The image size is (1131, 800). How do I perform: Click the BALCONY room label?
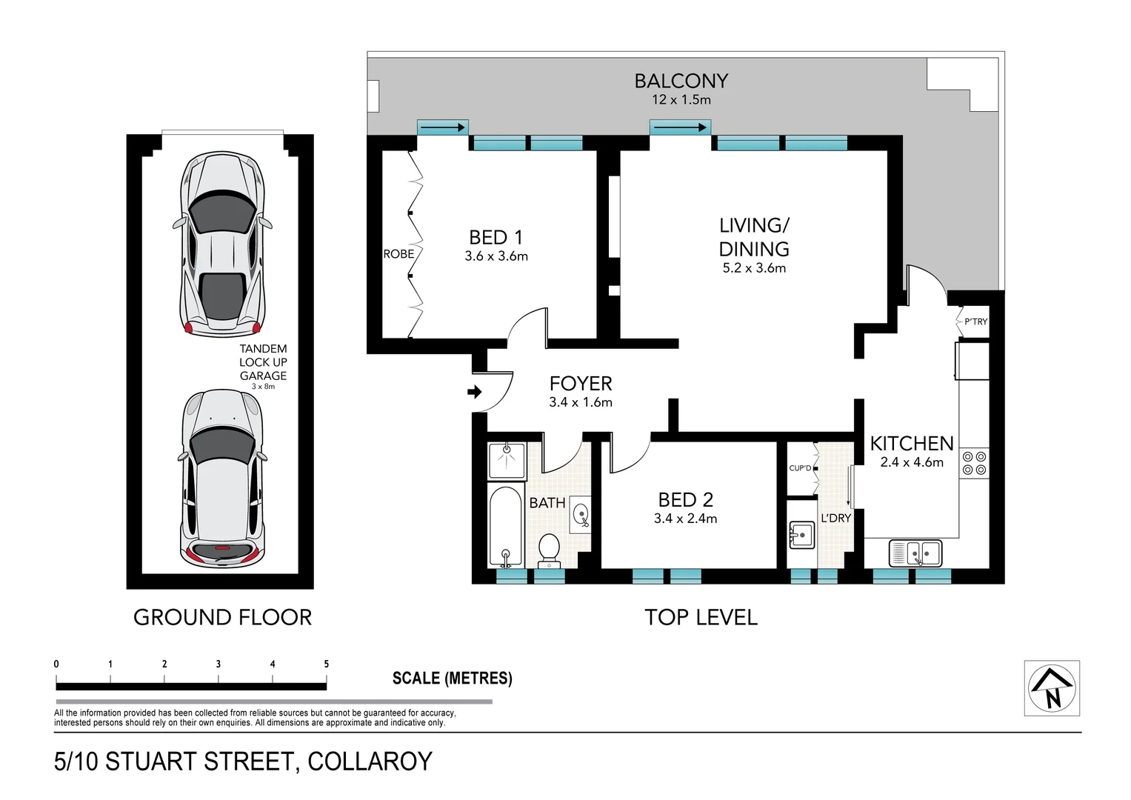click(681, 81)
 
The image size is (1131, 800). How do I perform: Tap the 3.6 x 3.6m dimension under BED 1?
click(496, 256)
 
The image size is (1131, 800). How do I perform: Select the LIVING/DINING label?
click(754, 237)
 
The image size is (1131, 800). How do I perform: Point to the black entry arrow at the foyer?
click(475, 392)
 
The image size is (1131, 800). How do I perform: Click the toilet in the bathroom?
click(549, 549)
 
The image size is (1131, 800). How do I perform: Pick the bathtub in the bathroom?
click(506, 527)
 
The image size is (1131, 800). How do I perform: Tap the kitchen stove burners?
click(974, 463)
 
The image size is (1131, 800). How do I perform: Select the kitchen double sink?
click(916, 553)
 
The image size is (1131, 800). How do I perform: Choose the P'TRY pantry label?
click(975, 321)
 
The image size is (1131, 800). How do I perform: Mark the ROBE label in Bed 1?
click(398, 254)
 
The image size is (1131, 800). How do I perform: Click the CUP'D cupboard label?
click(800, 468)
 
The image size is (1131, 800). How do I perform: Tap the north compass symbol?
click(1052, 688)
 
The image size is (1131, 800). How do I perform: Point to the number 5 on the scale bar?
click(326, 664)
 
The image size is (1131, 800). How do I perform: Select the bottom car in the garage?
click(222, 478)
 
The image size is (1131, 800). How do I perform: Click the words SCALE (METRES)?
click(452, 678)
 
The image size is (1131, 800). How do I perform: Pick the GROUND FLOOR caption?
click(222, 617)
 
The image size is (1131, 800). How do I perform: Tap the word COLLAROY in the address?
click(370, 761)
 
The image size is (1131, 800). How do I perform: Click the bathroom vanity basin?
click(581, 515)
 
